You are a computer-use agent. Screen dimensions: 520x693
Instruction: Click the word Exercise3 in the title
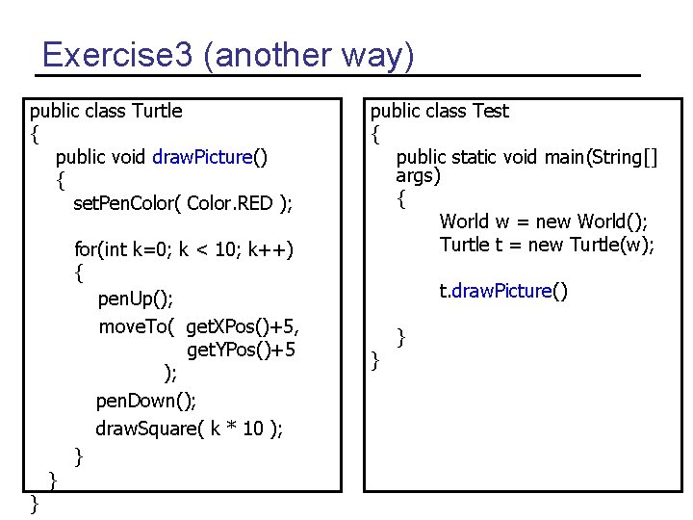(x=118, y=55)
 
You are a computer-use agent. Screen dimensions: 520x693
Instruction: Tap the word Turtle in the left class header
(x=156, y=111)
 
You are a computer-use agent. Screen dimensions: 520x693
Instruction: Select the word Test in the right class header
(x=490, y=111)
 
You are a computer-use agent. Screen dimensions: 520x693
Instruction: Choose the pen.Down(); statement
(x=146, y=400)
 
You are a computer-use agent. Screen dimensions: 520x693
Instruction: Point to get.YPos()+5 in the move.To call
(x=242, y=349)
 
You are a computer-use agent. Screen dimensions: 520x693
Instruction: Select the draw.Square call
(x=189, y=428)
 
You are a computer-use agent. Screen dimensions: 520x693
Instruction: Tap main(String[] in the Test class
(x=596, y=157)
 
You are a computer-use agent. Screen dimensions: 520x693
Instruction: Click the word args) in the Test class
(x=418, y=176)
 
